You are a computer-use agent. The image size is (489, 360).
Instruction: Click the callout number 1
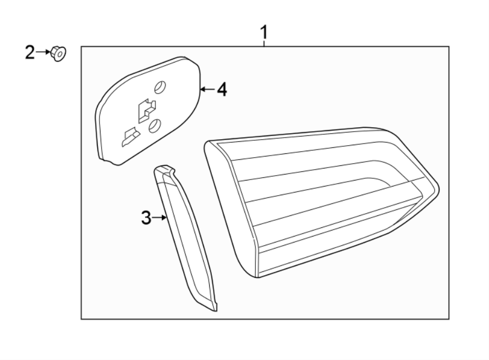[x=264, y=33]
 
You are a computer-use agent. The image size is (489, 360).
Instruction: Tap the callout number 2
[x=30, y=53]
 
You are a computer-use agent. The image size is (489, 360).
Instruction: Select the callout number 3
[x=146, y=218]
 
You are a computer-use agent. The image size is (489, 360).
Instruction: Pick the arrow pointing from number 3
[x=159, y=218]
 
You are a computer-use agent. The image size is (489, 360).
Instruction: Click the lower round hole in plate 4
[x=154, y=126]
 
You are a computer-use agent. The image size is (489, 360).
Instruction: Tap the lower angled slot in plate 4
[x=130, y=136]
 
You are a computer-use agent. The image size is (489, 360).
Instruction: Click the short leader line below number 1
[x=264, y=44]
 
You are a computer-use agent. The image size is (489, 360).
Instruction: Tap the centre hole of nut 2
[x=59, y=54]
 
